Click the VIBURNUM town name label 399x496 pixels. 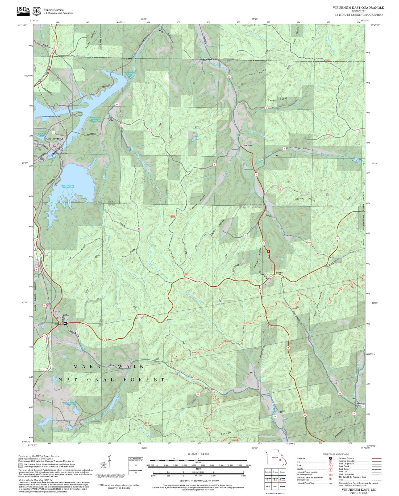point(55,139)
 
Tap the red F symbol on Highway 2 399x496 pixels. point(268,251)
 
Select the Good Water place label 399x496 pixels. point(248,145)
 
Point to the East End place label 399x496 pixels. point(280,273)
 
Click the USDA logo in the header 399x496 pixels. point(23,10)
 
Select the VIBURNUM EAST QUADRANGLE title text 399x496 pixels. point(358,8)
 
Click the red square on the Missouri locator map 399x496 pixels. point(280,460)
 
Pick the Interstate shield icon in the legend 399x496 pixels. point(331,458)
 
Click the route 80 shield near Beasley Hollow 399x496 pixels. point(280,189)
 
